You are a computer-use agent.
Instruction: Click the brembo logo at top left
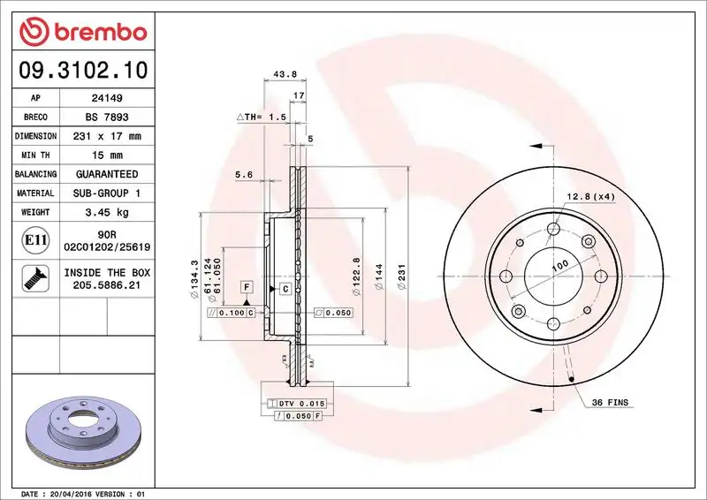(81, 32)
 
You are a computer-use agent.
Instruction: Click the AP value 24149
(107, 98)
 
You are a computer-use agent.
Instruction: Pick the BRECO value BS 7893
(107, 117)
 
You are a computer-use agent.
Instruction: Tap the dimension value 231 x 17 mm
(107, 136)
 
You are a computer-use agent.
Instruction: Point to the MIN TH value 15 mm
(107, 155)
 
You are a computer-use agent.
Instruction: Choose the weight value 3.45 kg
(107, 212)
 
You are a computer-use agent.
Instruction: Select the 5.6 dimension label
(244, 175)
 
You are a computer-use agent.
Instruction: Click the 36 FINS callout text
(611, 403)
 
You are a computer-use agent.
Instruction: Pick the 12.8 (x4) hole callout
(589, 196)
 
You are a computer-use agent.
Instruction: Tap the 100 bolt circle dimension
(559, 265)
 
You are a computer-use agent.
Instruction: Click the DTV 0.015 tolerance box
(301, 403)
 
